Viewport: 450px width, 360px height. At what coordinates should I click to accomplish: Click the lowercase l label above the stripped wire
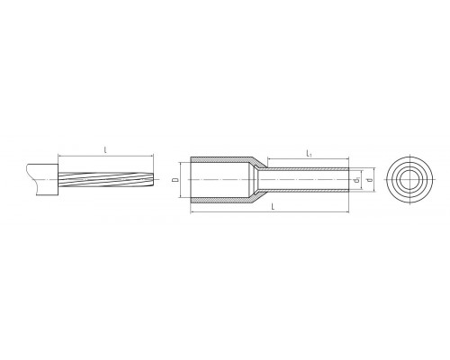coord(105,150)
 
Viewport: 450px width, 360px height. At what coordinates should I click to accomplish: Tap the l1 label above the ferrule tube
coord(309,154)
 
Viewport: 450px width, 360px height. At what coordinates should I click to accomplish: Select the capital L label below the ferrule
coord(273,206)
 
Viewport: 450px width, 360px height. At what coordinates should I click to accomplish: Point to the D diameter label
coord(176,180)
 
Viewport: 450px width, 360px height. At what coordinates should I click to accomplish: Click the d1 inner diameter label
coord(356,180)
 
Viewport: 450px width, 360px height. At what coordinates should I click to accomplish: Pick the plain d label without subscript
coord(370,180)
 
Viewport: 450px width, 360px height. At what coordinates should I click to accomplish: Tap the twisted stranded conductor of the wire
coord(106,179)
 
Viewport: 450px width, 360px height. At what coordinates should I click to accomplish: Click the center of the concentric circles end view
coord(409,179)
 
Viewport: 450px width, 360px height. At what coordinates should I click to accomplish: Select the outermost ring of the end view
coord(409,157)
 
